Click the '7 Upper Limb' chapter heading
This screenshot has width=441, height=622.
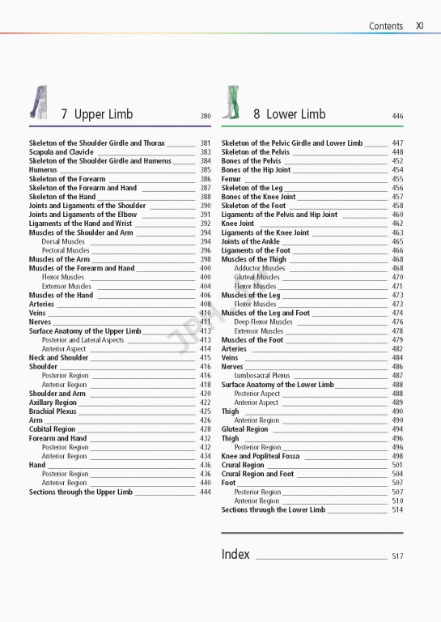[97, 114]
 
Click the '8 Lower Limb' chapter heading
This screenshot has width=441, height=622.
[289, 114]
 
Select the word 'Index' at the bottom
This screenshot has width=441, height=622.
[235, 555]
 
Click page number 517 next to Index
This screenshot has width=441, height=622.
[396, 556]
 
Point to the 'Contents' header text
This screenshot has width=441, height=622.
[385, 26]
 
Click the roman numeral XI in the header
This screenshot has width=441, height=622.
[420, 26]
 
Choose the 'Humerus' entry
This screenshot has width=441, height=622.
[43, 170]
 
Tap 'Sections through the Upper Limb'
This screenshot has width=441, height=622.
[81, 492]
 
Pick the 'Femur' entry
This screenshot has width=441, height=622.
[231, 179]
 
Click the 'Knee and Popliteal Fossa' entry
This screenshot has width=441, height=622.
[261, 456]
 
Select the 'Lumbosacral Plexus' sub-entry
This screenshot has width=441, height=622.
[261, 376]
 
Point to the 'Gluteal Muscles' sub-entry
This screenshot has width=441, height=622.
[257, 277]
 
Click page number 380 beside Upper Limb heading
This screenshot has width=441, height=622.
[206, 117]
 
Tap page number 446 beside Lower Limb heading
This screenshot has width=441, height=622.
[396, 117]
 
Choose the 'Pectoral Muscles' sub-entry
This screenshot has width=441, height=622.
[66, 250]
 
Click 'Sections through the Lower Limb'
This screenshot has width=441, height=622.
[274, 509]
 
